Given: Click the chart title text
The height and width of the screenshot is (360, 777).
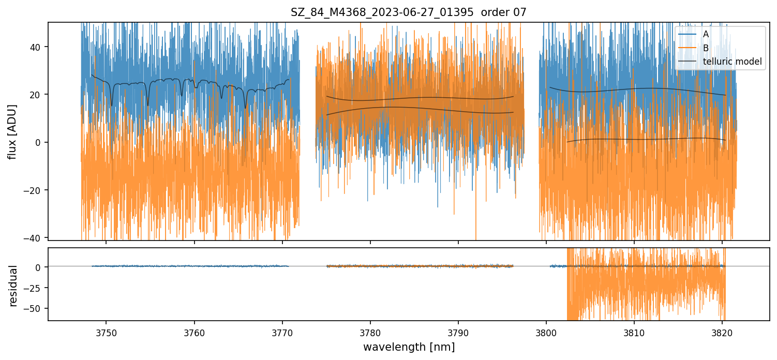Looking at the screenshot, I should (408, 12).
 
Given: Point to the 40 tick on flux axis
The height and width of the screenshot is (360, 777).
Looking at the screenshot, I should (38, 47).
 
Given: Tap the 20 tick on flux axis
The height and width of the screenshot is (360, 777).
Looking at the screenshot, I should (38, 95).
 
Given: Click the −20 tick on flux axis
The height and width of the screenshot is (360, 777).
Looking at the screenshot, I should (35, 190).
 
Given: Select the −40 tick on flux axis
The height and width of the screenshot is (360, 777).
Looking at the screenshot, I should (35, 238).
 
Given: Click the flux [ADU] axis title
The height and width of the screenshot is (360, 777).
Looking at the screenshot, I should (12, 131).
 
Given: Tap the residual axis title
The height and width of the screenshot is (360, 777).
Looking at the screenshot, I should (12, 286).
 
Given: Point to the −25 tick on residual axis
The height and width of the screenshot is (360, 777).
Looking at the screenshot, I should (35, 288).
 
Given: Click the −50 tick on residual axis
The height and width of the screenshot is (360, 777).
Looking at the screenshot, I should (35, 308).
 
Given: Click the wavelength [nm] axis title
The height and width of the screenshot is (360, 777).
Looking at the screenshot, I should (409, 347).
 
